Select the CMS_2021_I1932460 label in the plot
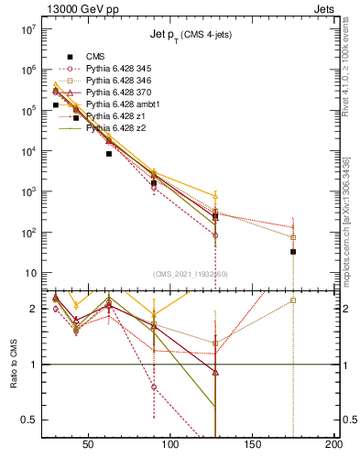tap(191, 274)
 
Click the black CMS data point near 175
tap(293, 251)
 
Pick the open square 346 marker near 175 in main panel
tap(293, 237)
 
